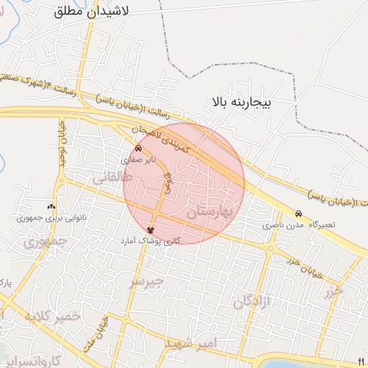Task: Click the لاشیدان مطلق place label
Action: (x=90, y=12)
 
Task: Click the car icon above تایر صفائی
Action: (x=138, y=150)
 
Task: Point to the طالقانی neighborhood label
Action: (x=112, y=179)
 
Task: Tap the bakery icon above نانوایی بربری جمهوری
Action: (x=50, y=206)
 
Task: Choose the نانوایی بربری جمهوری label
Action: (x=45, y=216)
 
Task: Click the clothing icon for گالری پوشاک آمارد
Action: (x=149, y=230)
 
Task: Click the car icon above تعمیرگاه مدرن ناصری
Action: (x=298, y=214)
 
